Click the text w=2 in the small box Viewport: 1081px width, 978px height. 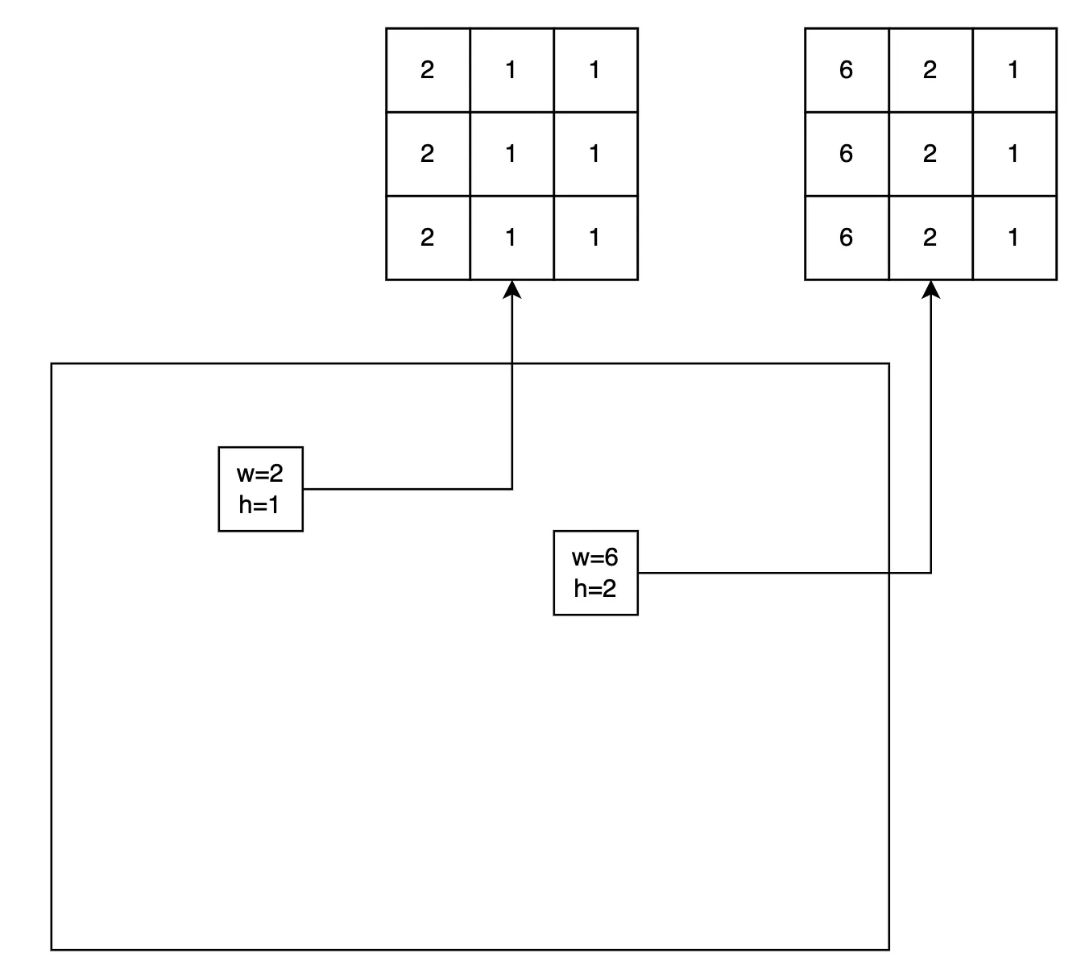click(x=259, y=474)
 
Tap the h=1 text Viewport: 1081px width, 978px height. click(x=259, y=505)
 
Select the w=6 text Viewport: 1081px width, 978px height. click(x=594, y=557)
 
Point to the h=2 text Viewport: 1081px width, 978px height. click(x=594, y=589)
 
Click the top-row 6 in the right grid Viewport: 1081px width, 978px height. click(x=846, y=70)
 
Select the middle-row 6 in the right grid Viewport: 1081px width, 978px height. click(x=846, y=154)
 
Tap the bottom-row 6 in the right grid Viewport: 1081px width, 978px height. click(x=846, y=238)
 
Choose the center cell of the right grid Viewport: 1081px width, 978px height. click(x=930, y=154)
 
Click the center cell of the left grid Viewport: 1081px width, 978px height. click(x=512, y=154)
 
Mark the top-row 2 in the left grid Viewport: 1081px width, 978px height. click(x=427, y=70)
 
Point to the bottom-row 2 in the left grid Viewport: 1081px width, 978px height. click(x=427, y=238)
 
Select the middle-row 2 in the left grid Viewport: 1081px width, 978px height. click(x=427, y=154)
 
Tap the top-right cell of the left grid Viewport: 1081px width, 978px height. click(x=595, y=70)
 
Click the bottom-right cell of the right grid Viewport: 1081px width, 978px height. click(x=1013, y=238)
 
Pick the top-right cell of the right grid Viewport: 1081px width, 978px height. click(x=1013, y=70)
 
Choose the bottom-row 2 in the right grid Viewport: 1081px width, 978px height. click(x=930, y=238)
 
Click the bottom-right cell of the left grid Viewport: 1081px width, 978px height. click(x=595, y=238)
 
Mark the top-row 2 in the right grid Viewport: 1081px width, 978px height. click(x=930, y=70)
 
